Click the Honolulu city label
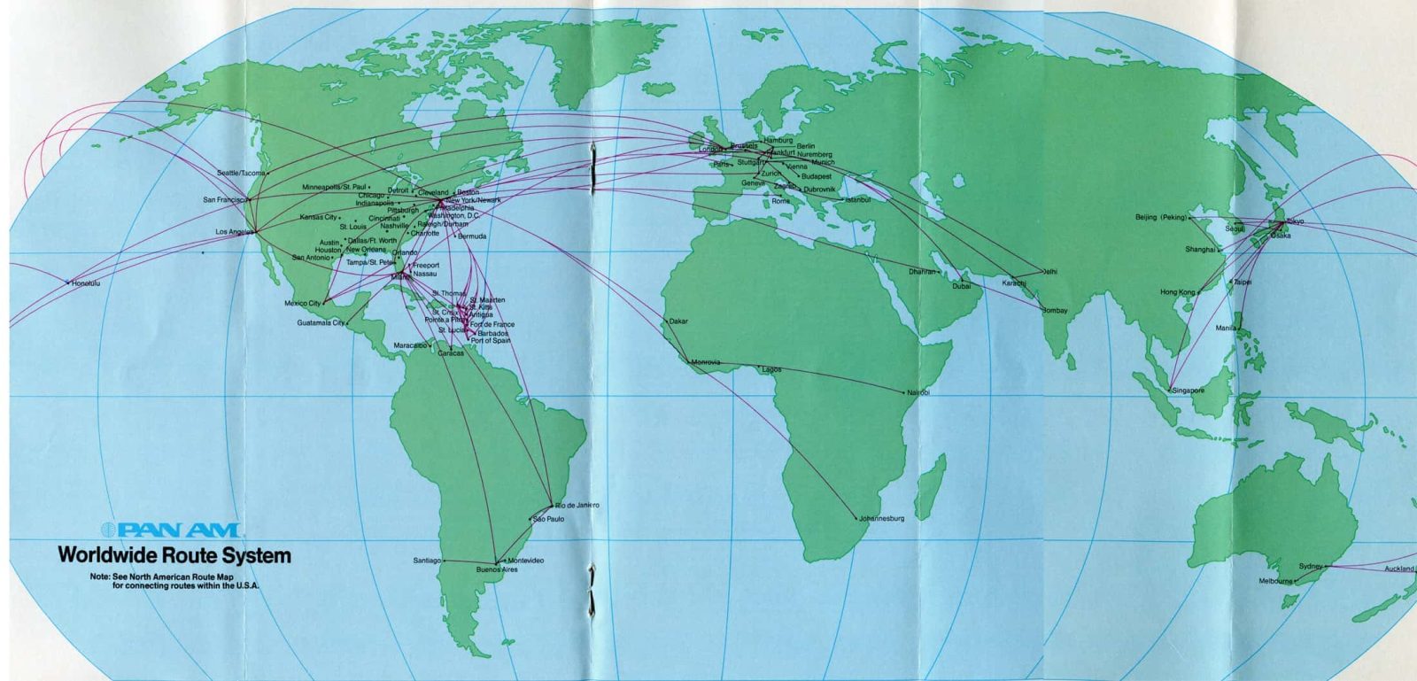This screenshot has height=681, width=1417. [x=86, y=283]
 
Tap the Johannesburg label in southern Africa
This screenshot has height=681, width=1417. [x=882, y=518]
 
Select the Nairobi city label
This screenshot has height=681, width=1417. [x=918, y=392]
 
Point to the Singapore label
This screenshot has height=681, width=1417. [x=1188, y=391]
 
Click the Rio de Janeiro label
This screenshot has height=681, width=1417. [x=577, y=505]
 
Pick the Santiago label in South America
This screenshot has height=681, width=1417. [x=427, y=561]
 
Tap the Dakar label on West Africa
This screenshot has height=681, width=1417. [x=678, y=321]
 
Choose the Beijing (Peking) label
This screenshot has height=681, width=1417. [x=1160, y=217]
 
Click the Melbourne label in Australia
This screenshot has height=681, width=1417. [x=1275, y=581]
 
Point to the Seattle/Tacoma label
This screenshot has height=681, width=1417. [x=240, y=173]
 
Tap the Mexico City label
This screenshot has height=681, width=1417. [x=303, y=304]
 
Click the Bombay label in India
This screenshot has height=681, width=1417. [x=1055, y=311]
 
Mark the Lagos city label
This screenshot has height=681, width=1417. [x=771, y=369]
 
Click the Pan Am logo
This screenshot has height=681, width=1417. [x=170, y=530]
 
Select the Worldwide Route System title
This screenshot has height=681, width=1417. [x=174, y=556]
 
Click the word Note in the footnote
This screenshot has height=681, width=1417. [x=99, y=577]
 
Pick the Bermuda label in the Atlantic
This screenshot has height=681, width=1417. [x=472, y=236]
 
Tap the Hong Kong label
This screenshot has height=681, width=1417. [x=1177, y=292]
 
